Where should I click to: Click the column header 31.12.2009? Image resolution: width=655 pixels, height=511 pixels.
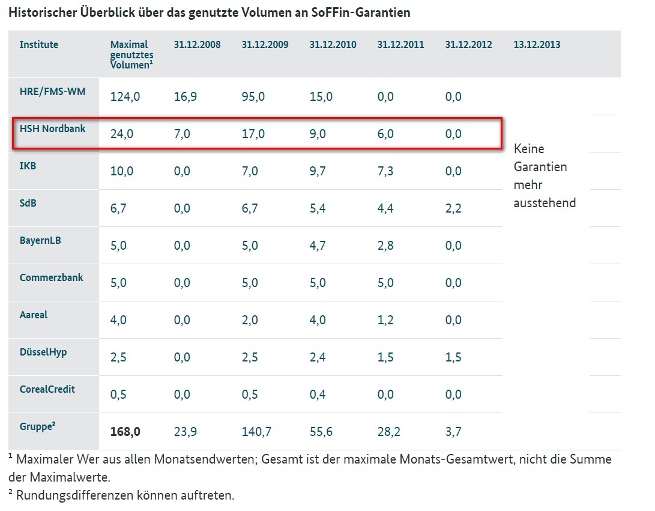pos(265,44)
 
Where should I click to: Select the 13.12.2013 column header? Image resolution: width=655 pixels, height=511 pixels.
pos(537,44)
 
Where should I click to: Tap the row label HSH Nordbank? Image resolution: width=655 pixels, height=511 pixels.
pos(52,129)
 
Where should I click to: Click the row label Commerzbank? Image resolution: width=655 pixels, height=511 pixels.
pos(51,277)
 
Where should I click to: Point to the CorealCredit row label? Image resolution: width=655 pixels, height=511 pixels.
pos(47,389)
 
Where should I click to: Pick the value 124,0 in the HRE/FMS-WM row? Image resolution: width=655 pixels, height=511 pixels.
pos(125,97)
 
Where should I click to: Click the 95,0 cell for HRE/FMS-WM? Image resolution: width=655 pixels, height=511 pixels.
pos(253,97)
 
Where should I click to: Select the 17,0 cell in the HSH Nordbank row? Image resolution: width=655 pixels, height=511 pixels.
pos(253,134)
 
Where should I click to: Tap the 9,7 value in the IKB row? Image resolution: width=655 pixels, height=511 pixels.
pos(317,171)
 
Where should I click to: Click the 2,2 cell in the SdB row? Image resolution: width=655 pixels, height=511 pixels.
pos(453,208)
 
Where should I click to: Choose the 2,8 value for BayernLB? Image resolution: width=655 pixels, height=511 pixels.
pos(385,246)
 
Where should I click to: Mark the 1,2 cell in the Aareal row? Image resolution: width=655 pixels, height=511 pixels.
pos(385,320)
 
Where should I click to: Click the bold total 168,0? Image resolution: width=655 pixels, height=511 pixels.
pos(125,432)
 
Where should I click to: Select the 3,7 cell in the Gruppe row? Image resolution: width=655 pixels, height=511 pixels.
pos(453,432)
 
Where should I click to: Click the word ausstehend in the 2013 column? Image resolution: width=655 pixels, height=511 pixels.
pos(545,203)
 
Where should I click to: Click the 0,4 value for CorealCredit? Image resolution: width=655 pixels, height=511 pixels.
pos(317,395)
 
